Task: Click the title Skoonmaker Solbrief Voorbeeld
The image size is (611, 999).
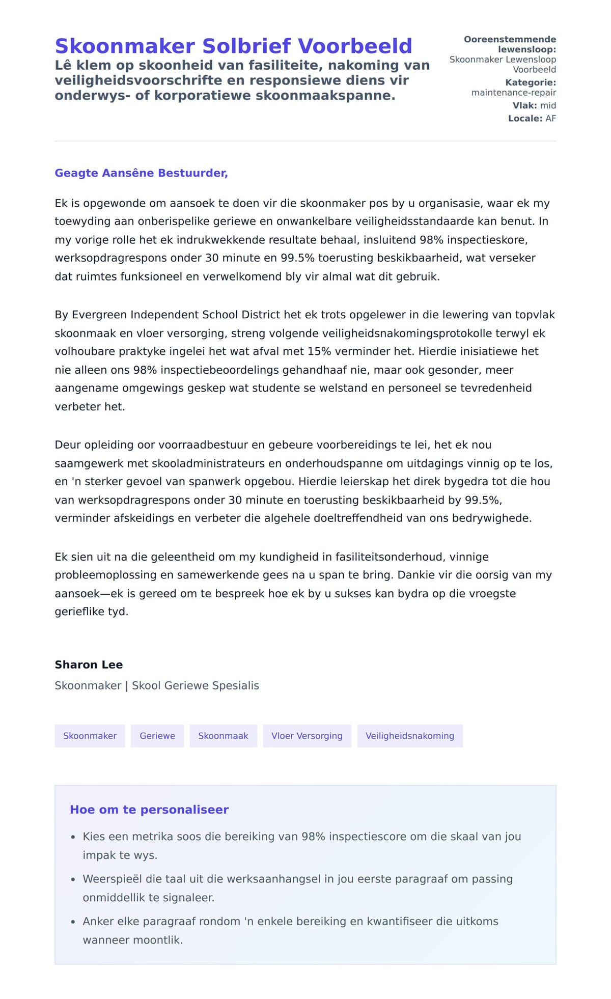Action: click(x=233, y=46)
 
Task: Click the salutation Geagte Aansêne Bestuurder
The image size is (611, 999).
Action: click(x=141, y=173)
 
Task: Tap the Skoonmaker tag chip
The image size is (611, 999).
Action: click(x=90, y=736)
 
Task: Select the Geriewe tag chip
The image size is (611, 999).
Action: click(x=157, y=736)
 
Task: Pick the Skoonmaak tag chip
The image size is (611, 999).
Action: click(x=223, y=736)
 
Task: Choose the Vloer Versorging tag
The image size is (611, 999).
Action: click(x=307, y=736)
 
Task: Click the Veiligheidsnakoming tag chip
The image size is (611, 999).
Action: click(x=409, y=736)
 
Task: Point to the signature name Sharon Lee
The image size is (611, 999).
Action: click(x=89, y=664)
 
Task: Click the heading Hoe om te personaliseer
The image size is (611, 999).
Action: click(x=149, y=810)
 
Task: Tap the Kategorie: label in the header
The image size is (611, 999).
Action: click(x=530, y=82)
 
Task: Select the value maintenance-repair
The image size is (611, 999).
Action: click(x=513, y=93)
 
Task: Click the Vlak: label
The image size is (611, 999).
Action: click(x=524, y=105)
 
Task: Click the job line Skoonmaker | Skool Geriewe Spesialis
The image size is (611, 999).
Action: click(x=157, y=685)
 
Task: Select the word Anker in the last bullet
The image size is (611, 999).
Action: click(x=96, y=921)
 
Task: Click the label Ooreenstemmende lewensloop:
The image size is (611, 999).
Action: click(x=510, y=44)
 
